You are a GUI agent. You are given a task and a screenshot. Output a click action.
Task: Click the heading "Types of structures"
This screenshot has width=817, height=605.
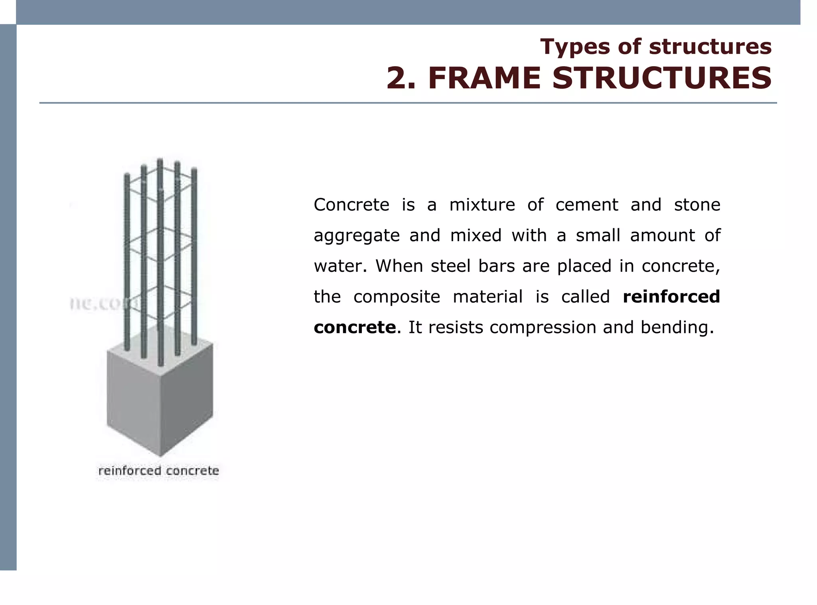tap(655, 47)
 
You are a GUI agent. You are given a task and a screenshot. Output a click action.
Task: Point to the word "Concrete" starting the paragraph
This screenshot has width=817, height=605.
tap(351, 205)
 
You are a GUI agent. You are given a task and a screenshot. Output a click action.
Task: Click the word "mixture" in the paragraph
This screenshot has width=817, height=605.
tap(482, 205)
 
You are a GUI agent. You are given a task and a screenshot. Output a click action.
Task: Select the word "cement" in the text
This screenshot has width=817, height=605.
tap(586, 205)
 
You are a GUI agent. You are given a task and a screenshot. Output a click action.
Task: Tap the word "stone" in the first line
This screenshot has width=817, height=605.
tap(697, 205)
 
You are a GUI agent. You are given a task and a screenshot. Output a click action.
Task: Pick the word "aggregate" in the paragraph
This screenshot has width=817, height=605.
tap(357, 236)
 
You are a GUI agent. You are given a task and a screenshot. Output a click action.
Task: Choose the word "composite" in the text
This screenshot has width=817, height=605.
tap(397, 297)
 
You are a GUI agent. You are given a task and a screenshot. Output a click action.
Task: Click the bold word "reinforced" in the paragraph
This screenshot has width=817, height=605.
tap(671, 297)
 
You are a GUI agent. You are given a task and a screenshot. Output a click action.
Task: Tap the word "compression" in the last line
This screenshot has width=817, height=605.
tap(543, 327)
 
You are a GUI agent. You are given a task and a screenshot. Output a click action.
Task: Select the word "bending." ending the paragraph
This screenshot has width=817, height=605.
tap(677, 327)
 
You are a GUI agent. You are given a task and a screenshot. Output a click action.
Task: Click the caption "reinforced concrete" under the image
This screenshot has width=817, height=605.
tap(158, 471)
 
